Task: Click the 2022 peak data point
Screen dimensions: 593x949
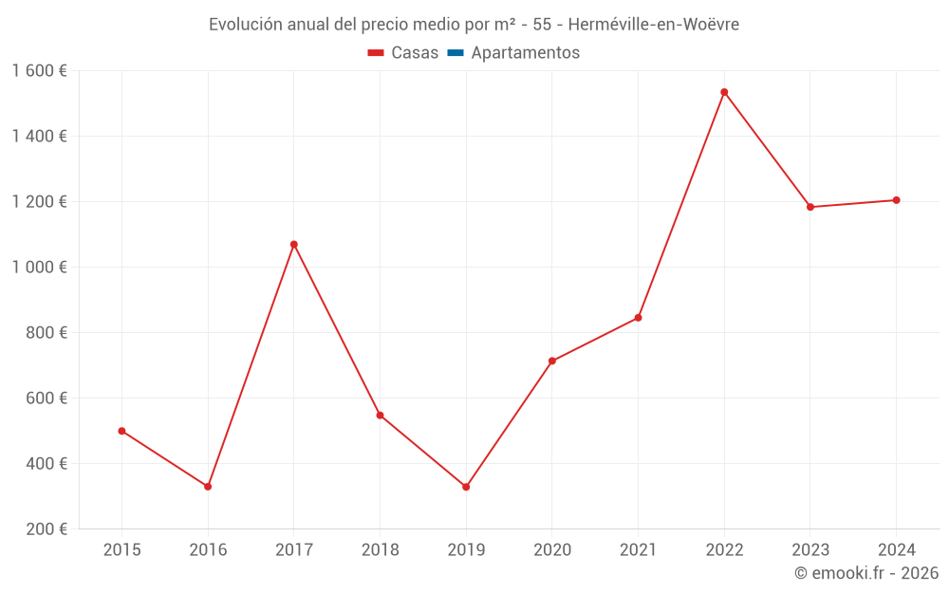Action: (x=724, y=92)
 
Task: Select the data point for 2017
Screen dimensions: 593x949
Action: (x=294, y=245)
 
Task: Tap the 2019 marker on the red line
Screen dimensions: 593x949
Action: (x=466, y=487)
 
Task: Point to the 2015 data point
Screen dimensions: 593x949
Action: (x=121, y=431)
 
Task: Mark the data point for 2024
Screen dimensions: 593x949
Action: (x=896, y=200)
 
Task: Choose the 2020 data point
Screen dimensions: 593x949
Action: (x=552, y=361)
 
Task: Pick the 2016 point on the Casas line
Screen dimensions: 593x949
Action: (x=208, y=487)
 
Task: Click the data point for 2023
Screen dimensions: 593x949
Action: (x=810, y=207)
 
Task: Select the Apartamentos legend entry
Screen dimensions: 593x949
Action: (x=525, y=53)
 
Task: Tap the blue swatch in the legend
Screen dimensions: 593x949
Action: (x=455, y=53)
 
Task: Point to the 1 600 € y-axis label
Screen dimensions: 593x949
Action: (x=39, y=71)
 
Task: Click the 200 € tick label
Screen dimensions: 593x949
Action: (x=47, y=529)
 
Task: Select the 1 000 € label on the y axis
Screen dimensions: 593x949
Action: (x=39, y=268)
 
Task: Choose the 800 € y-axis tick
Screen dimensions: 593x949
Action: (x=47, y=333)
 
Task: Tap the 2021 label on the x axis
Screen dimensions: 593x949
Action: (x=638, y=549)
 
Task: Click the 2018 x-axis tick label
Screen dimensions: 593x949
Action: (x=380, y=549)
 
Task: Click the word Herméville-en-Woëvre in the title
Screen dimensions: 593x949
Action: (x=653, y=25)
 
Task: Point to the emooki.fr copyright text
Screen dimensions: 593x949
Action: (x=866, y=573)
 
